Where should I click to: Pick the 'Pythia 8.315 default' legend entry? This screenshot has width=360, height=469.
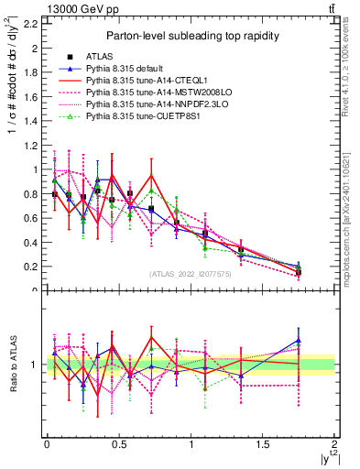[x=125, y=69]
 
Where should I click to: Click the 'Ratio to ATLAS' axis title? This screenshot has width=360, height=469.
[x=12, y=364]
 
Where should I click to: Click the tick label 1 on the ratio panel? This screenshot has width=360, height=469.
[x=36, y=365]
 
